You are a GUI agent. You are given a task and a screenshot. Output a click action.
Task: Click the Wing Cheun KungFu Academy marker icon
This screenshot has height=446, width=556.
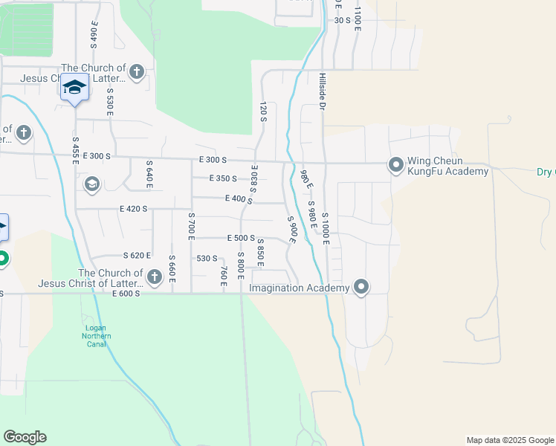coord(396,164)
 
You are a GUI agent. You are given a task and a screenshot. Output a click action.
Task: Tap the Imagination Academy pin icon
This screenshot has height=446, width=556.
coord(361,287)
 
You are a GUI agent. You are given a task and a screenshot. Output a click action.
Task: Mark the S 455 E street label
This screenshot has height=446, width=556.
coord(75,149)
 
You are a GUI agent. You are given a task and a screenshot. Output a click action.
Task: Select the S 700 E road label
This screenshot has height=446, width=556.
coord(191,225)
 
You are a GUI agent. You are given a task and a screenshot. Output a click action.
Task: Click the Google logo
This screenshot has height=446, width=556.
coord(25,437)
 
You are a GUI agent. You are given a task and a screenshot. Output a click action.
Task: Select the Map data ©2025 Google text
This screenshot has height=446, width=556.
coord(509,440)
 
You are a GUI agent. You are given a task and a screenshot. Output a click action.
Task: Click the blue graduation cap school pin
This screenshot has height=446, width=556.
coord(74,88)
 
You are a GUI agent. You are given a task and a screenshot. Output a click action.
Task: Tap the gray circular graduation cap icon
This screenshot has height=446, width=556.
coord(92,184)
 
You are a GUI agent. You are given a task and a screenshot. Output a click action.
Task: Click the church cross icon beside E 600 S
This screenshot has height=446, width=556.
coord(155,277)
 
